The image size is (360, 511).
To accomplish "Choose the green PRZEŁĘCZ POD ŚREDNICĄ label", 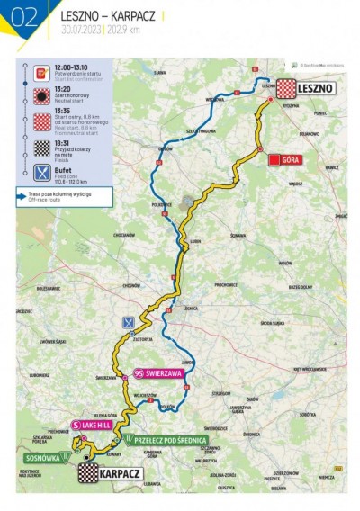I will [171, 441].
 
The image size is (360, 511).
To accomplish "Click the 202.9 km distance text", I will [124, 30].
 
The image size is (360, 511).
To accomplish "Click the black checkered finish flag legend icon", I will [40, 148].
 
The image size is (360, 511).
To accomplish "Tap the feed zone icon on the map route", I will [131, 321].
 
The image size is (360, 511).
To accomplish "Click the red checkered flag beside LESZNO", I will [286, 88].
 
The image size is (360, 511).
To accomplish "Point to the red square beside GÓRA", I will [273, 159].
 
